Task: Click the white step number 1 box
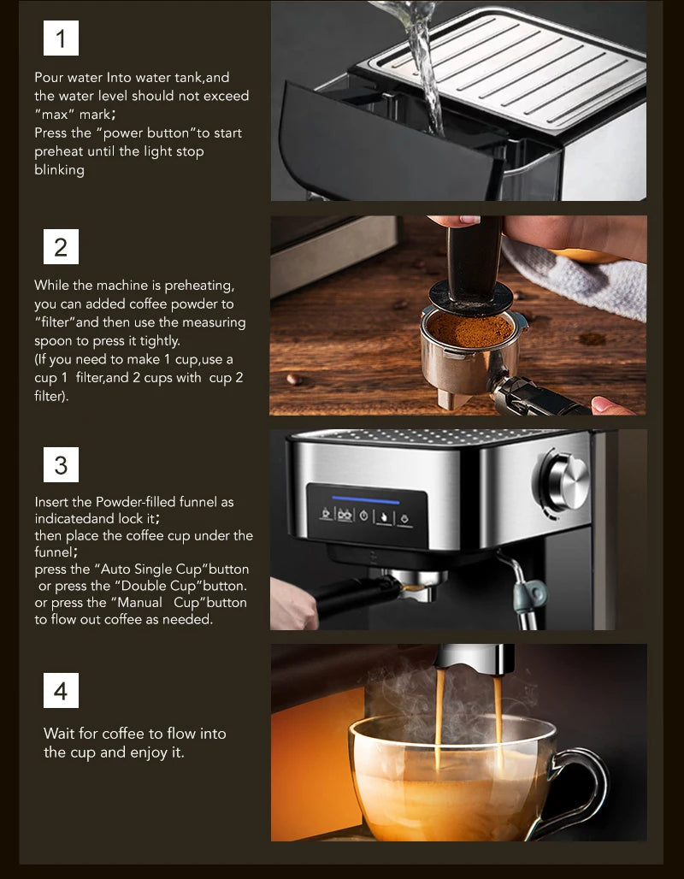pos(61,38)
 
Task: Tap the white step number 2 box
pos(61,246)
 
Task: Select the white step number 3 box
pos(61,465)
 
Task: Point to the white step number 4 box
pos(61,691)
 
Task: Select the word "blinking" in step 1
pos(60,170)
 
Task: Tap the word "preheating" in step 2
pos(199,286)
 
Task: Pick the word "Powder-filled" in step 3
pos(136,502)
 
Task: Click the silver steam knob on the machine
pos(566,482)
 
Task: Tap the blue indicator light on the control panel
pos(366,499)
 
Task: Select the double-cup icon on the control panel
pos(345,515)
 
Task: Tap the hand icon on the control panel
pos(384,516)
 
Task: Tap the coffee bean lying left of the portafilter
pos(293,380)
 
